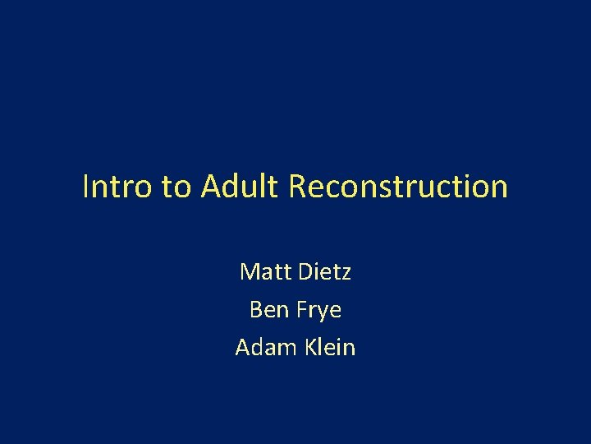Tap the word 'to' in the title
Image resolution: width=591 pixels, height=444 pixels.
click(176, 187)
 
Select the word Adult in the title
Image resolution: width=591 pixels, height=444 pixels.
click(241, 187)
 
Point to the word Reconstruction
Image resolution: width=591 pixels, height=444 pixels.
click(398, 187)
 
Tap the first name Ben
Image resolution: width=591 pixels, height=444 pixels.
click(268, 310)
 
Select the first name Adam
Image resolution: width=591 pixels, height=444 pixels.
click(259, 348)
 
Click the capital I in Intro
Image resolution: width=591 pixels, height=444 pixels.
click(86, 187)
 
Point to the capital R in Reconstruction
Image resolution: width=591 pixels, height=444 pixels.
click(298, 187)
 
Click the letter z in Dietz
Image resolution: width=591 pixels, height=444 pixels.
click(346, 274)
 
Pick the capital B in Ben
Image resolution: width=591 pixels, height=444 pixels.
click(254, 310)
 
